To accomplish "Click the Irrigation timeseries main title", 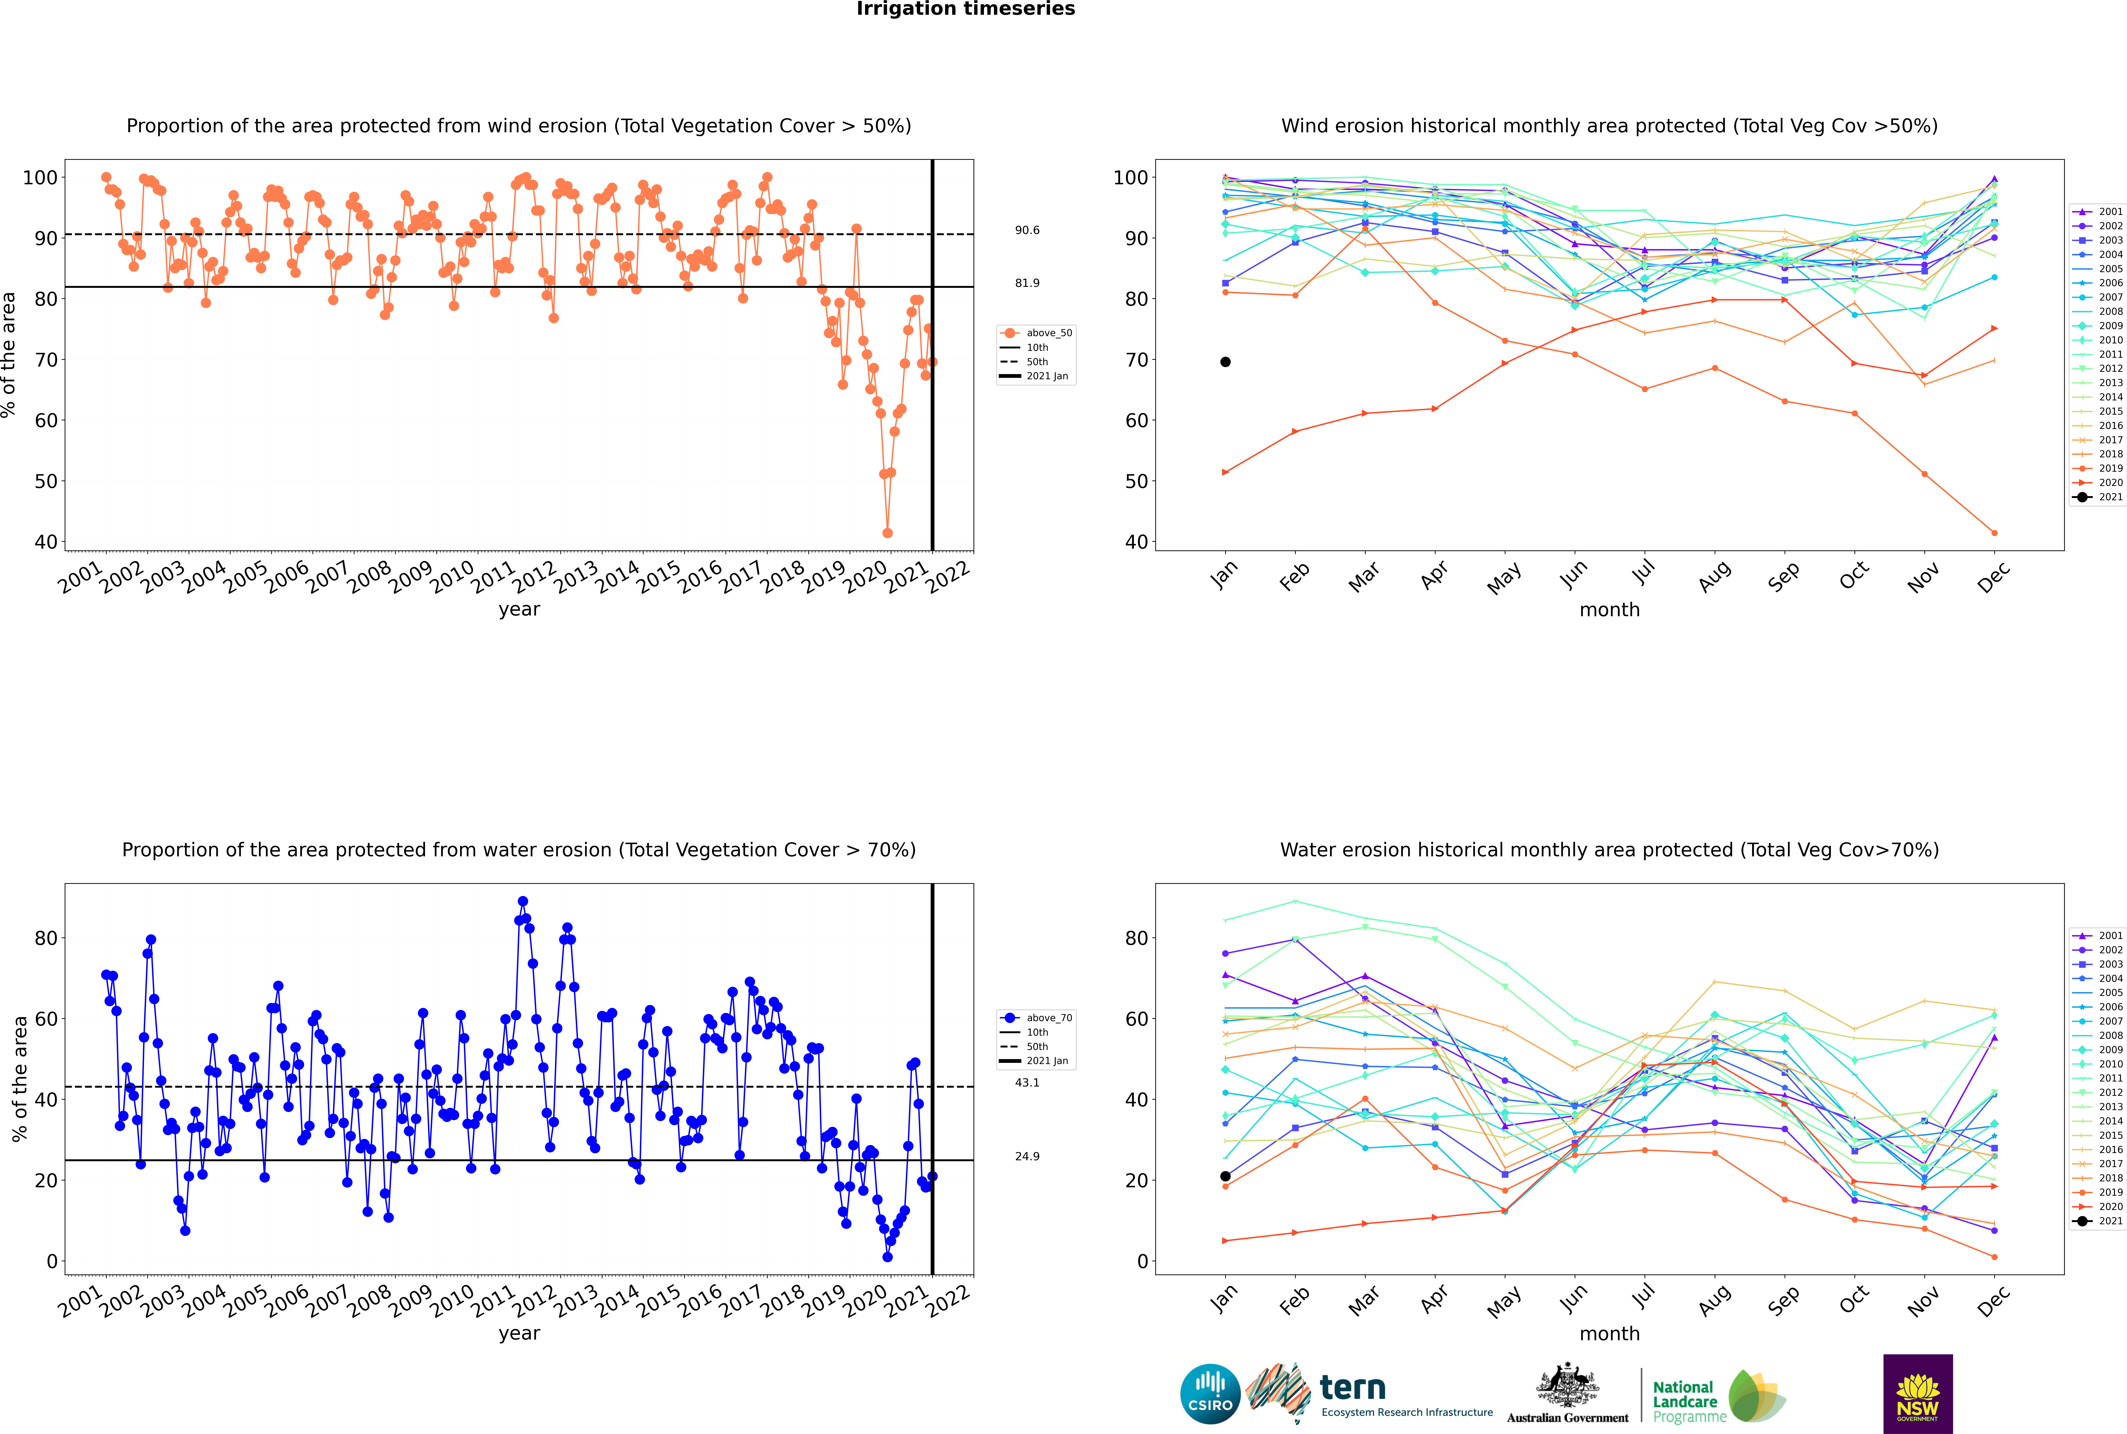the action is [x=966, y=9].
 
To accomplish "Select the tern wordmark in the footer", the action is [x=1352, y=1388].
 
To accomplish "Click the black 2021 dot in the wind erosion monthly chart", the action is [x=1225, y=362].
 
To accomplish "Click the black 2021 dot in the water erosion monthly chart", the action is [x=1225, y=1176].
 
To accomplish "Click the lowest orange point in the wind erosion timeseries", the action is [x=887, y=533].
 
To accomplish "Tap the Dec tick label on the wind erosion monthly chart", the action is [x=1994, y=577].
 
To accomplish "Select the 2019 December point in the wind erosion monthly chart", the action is [x=1994, y=533].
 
